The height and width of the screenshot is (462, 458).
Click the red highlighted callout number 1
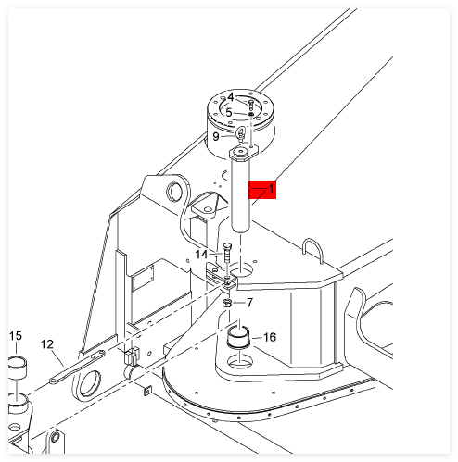(272, 188)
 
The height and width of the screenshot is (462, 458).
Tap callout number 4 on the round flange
(231, 97)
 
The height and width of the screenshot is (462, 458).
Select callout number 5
(228, 112)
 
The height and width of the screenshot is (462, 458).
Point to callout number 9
(216, 136)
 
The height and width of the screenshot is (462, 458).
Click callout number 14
(201, 255)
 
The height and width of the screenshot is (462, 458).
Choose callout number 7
(249, 303)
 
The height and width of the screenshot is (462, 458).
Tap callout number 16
(270, 337)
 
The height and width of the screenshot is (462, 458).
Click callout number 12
(47, 344)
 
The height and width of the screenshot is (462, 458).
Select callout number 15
(16, 335)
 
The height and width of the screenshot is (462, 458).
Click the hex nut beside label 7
(227, 304)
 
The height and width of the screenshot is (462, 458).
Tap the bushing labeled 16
(238, 336)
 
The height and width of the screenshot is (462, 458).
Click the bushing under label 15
(18, 368)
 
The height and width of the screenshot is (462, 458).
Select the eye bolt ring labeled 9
(240, 133)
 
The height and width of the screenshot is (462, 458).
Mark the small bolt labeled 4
(250, 105)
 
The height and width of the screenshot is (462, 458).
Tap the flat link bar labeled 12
(78, 367)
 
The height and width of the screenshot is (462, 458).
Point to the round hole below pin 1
(241, 269)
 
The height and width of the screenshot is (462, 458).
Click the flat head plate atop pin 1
(244, 154)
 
